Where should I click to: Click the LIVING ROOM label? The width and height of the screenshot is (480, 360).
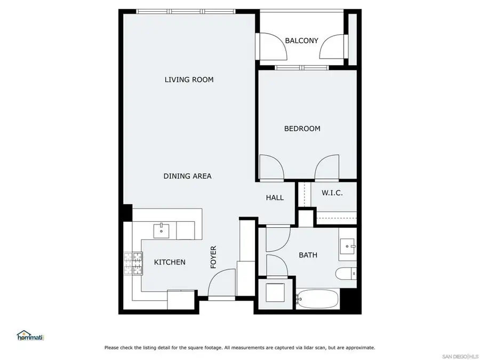click(189, 80)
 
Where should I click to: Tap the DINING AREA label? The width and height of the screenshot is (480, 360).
click(187, 176)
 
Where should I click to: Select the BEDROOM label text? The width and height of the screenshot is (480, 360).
click(302, 129)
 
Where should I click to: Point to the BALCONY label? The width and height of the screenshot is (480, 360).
click(301, 41)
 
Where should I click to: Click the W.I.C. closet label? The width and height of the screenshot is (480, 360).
click(332, 193)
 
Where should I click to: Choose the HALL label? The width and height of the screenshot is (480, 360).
click(275, 198)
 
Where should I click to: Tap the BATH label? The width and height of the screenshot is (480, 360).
click(308, 255)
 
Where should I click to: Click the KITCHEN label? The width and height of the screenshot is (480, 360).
click(170, 262)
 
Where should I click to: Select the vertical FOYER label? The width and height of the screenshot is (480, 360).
click(213, 257)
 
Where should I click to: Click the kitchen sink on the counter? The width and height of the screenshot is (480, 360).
click(162, 231)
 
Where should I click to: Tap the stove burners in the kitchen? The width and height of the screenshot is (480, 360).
click(134, 263)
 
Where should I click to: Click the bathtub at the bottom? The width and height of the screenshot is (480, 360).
click(318, 299)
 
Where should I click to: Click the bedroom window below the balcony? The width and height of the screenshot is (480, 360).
click(302, 68)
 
